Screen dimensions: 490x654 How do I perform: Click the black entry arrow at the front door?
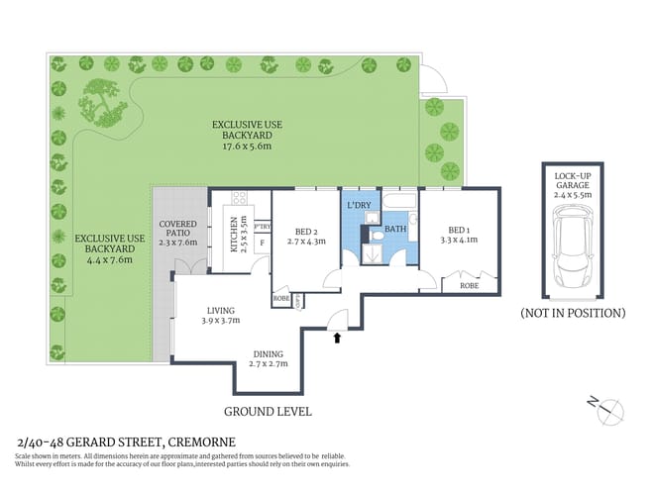[340, 338]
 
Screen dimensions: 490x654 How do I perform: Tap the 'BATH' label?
[395, 229]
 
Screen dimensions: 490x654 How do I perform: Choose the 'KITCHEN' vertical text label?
[235, 234]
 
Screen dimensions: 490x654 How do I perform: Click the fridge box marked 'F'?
[261, 242]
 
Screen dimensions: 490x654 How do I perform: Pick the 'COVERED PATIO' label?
[179, 227]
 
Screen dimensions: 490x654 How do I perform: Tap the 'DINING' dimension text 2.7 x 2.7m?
[268, 364]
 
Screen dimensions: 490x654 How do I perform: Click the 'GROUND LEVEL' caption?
[268, 411]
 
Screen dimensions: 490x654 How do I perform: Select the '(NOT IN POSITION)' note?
[573, 312]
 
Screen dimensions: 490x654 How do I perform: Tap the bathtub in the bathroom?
[399, 204]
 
